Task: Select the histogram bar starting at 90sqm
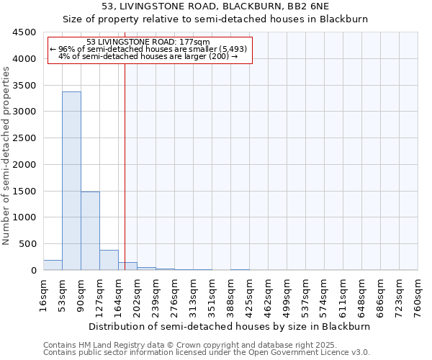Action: point(90,230)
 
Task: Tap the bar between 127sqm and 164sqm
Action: point(109,260)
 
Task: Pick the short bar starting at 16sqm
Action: point(53,265)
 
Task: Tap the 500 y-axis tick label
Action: point(28,244)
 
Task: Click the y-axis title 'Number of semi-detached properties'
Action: point(6,151)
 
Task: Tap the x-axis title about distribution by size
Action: point(230,326)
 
